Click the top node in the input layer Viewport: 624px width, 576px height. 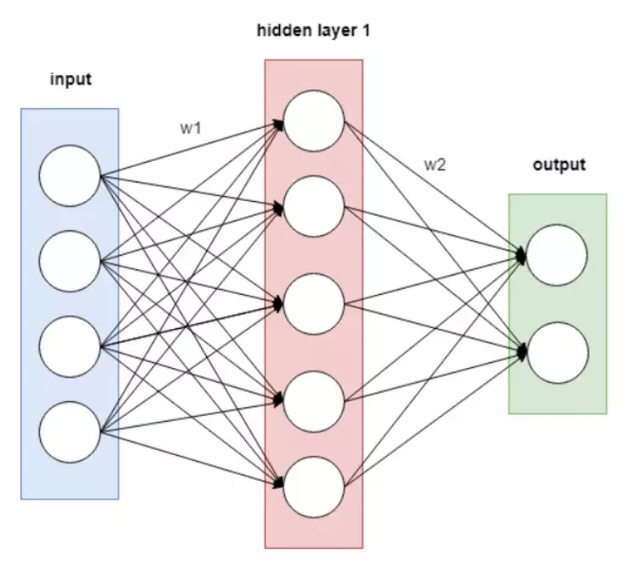click(x=70, y=176)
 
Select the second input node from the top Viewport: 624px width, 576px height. click(x=70, y=262)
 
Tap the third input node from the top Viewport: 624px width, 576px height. click(x=70, y=345)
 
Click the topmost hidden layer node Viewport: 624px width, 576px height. click(x=314, y=122)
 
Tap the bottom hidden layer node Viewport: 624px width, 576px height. click(x=314, y=485)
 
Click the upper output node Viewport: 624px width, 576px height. click(x=557, y=255)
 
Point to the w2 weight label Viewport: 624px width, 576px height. click(x=435, y=164)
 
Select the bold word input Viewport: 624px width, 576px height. click(x=70, y=80)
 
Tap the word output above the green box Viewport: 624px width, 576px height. click(x=559, y=164)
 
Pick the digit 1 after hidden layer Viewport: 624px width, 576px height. click(x=366, y=32)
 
